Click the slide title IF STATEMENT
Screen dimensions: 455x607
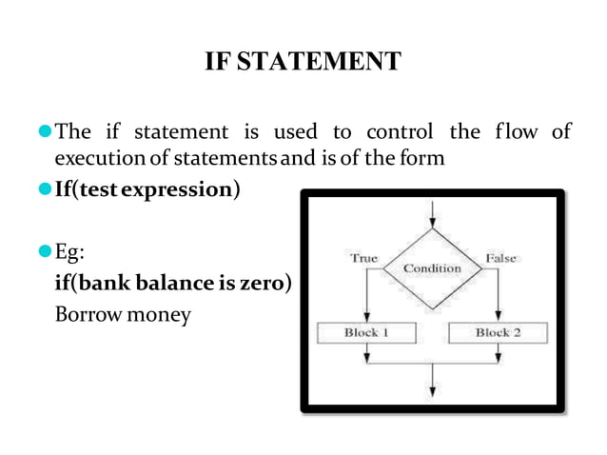click(x=303, y=64)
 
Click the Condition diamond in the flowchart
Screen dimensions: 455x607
click(x=433, y=268)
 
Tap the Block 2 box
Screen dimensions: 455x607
click(x=499, y=332)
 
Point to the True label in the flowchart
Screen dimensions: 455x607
click(x=363, y=258)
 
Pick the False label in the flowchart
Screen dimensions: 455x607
click(x=501, y=258)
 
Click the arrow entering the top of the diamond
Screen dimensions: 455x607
click(x=433, y=214)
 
